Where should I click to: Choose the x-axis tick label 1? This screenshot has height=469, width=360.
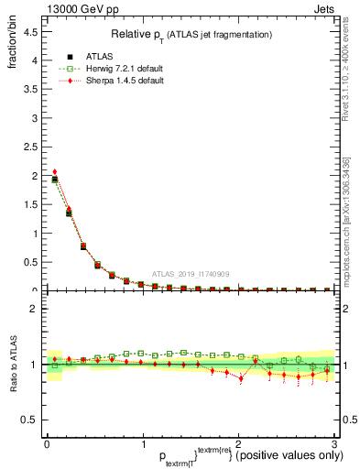143,445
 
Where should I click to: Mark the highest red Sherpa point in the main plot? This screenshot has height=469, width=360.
55,171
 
